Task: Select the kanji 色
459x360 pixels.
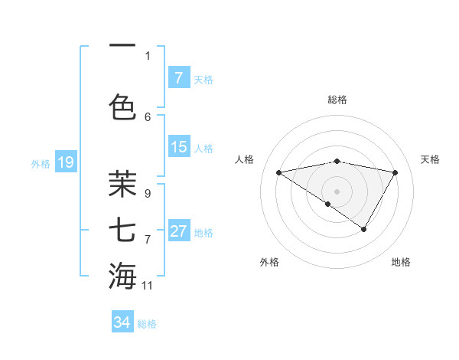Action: click(122, 105)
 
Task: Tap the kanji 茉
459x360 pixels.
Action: click(122, 184)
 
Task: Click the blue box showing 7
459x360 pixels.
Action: click(178, 77)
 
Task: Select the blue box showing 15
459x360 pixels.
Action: click(178, 147)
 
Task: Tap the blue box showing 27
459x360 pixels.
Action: click(178, 231)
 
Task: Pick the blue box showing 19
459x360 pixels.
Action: click(65, 162)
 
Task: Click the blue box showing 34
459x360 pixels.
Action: click(122, 322)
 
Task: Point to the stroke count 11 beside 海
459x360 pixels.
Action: click(148, 286)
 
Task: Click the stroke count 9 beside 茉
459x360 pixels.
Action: click(148, 194)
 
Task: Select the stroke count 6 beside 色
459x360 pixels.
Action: click(148, 116)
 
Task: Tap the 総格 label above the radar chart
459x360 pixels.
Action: click(337, 100)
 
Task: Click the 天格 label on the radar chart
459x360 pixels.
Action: click(430, 159)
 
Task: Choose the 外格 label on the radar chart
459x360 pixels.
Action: click(269, 262)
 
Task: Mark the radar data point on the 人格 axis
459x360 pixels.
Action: click(278, 172)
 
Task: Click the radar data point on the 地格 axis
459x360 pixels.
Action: click(364, 229)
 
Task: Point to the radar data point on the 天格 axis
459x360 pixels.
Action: click(396, 172)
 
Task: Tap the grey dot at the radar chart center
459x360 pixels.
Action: click(337, 191)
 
